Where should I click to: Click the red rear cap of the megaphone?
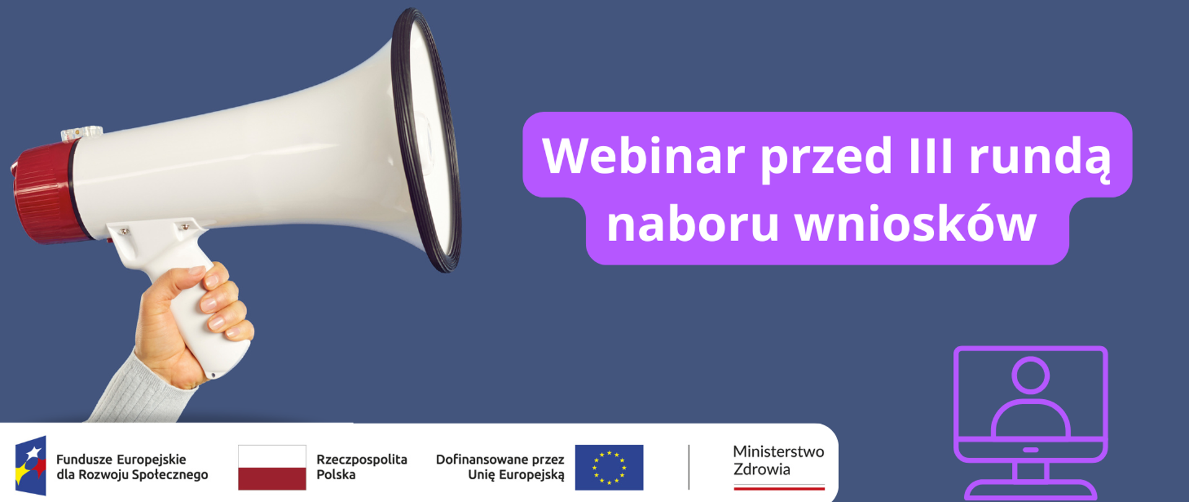click(x=43, y=192)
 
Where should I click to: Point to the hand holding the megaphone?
click(x=180, y=322)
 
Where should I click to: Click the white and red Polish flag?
click(x=272, y=467)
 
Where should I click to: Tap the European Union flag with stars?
click(x=609, y=467)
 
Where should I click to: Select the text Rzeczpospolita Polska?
click(x=362, y=467)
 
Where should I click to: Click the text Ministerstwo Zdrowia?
click(x=778, y=460)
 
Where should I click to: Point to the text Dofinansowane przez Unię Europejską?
click(x=500, y=467)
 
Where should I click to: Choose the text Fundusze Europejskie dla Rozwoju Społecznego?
click(x=132, y=467)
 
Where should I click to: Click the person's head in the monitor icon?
click(x=1030, y=375)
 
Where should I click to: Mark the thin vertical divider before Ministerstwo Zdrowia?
click(x=689, y=467)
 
